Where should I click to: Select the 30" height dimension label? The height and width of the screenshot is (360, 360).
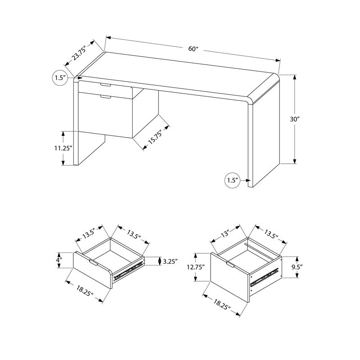coord(295,120)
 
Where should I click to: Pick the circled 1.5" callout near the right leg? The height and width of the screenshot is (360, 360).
coord(232,180)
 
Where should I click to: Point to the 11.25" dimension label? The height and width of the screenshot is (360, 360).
coord(63,148)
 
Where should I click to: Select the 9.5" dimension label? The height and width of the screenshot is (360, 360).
coord(296,267)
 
